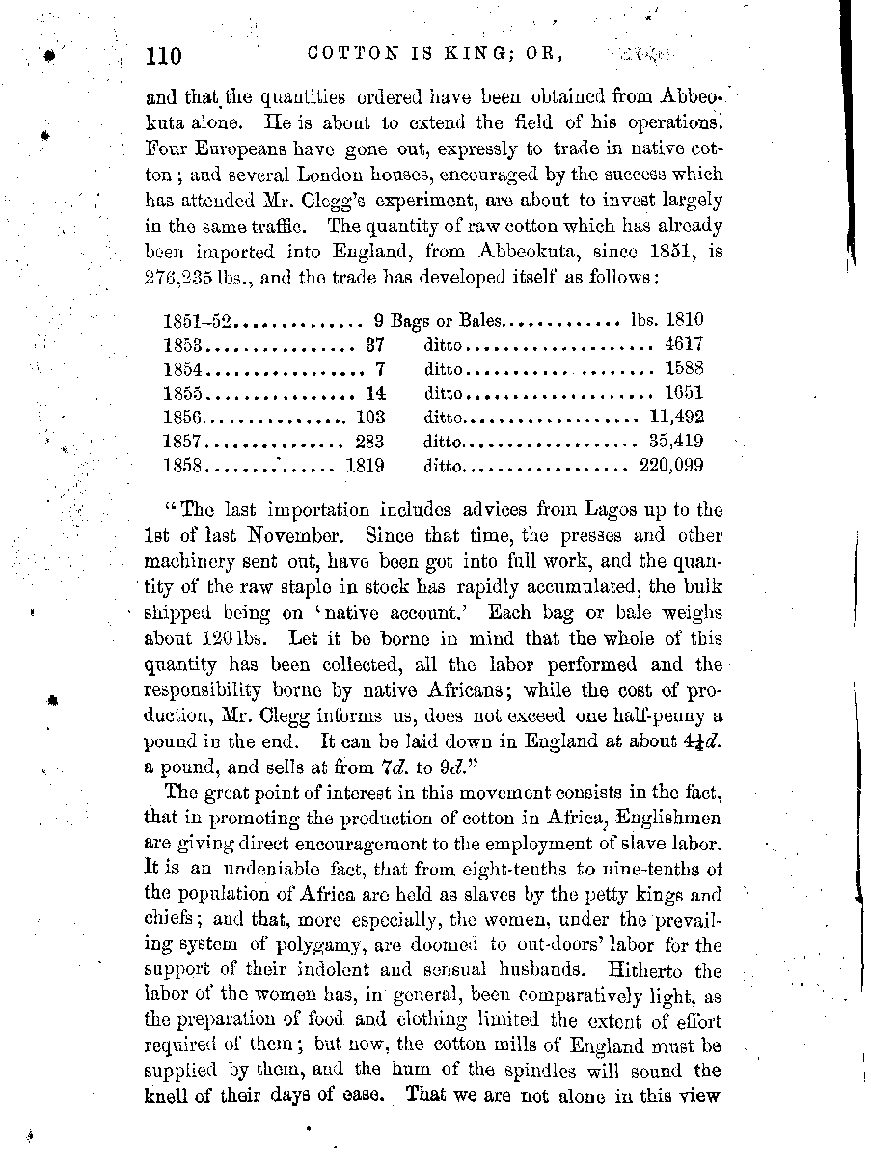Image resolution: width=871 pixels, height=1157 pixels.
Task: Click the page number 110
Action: [x=163, y=56]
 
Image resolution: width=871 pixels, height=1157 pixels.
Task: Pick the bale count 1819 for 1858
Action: [x=366, y=466]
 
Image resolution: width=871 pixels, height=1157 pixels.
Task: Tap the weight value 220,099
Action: [x=671, y=466]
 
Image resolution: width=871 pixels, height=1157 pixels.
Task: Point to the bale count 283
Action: [x=369, y=442]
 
